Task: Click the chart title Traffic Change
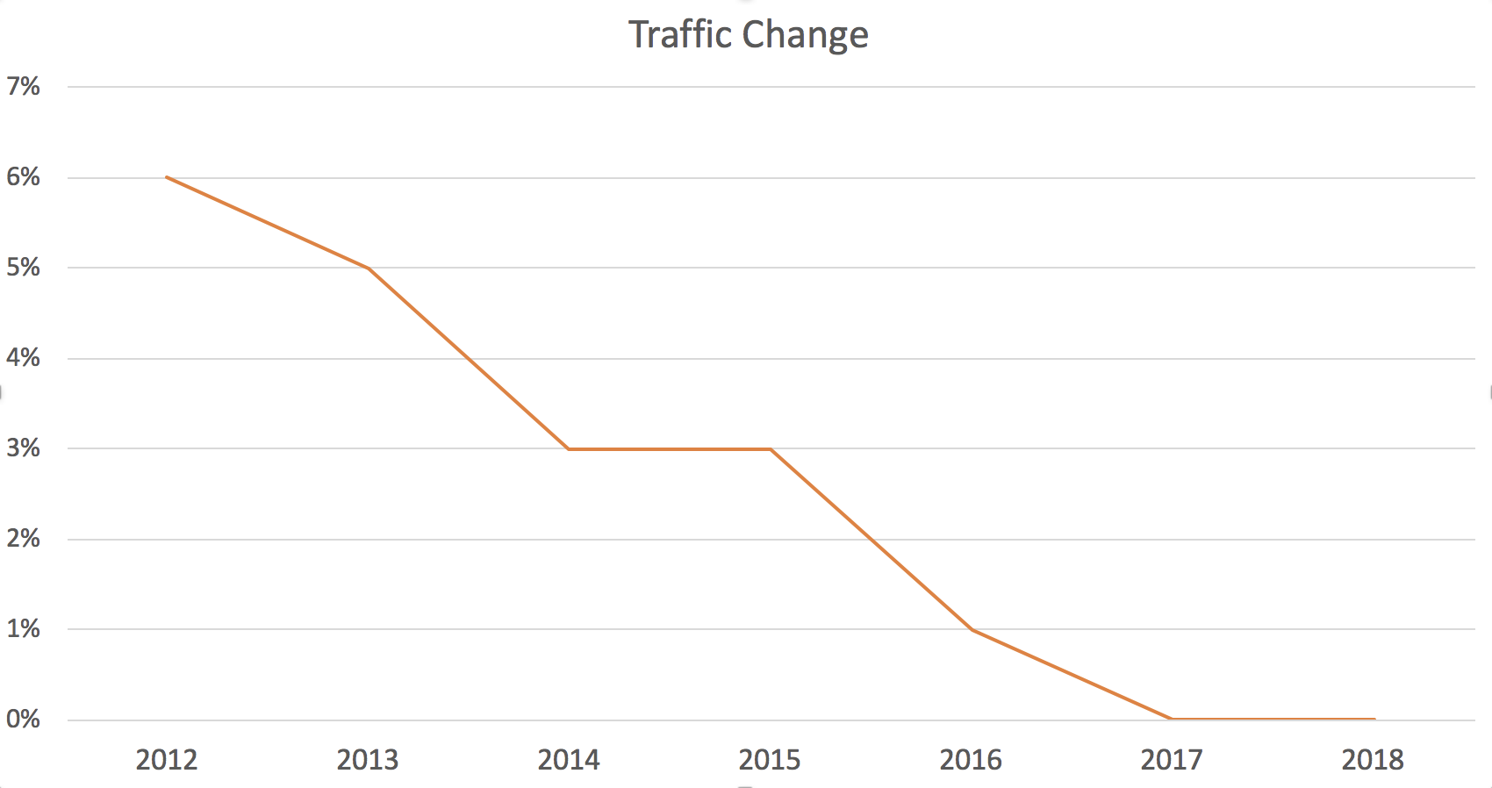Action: click(749, 35)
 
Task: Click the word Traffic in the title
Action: click(680, 35)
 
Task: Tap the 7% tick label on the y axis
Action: click(24, 86)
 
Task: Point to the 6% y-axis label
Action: click(24, 177)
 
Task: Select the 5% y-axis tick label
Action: click(24, 268)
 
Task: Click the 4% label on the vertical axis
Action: click(24, 358)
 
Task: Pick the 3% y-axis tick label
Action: click(24, 448)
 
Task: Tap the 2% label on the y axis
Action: click(24, 539)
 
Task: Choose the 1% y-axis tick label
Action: click(24, 629)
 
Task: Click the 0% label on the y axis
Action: click(24, 720)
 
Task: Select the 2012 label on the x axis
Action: click(167, 760)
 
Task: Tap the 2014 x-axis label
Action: click(569, 760)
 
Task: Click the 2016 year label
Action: click(971, 760)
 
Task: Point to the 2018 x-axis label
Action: click(1373, 760)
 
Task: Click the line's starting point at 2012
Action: click(167, 177)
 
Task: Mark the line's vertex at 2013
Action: click(368, 268)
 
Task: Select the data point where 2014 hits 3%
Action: click(569, 448)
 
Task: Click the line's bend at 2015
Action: click(770, 448)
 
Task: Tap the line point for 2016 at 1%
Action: click(972, 629)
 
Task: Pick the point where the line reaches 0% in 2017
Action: click(1172, 719)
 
